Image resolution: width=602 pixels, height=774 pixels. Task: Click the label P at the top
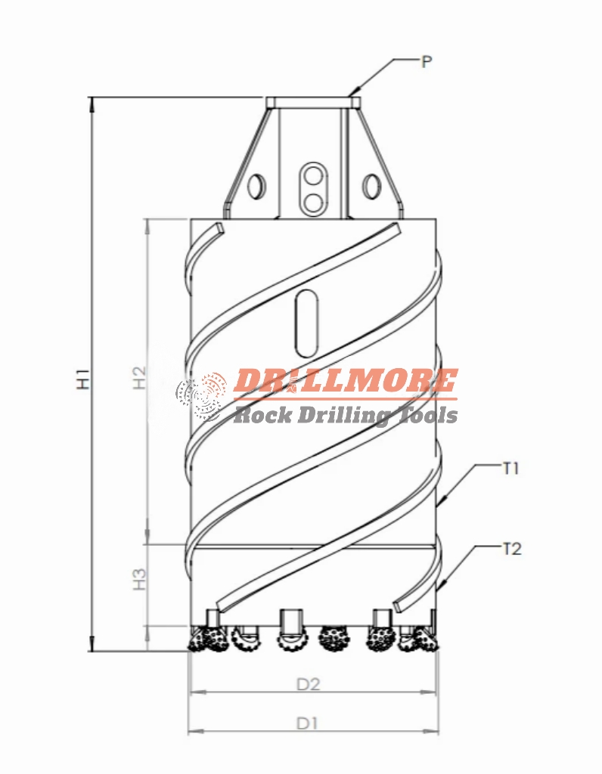pyautogui.click(x=427, y=62)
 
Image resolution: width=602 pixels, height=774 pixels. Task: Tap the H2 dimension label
pyautogui.click(x=138, y=377)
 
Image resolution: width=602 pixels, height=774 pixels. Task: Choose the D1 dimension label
pyautogui.click(x=306, y=723)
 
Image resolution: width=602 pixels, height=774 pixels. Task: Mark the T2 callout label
pyautogui.click(x=511, y=549)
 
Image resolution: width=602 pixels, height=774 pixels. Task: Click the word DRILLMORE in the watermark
pyautogui.click(x=345, y=382)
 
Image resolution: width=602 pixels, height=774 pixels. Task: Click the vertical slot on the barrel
pyautogui.click(x=306, y=324)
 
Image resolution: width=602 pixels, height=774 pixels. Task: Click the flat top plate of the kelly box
pyautogui.click(x=312, y=101)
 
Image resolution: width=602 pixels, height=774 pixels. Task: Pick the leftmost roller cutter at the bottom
pyautogui.click(x=208, y=640)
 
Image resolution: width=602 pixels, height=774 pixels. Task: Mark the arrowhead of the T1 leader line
pyautogui.click(x=439, y=504)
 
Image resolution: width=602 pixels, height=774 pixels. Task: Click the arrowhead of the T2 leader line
pyautogui.click(x=439, y=588)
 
